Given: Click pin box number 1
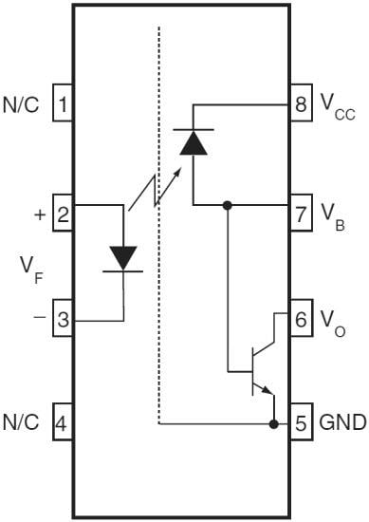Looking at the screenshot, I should pyautogui.click(x=62, y=103).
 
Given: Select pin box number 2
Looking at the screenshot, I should pyautogui.click(x=62, y=214).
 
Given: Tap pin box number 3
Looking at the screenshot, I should pyautogui.click(x=62, y=320).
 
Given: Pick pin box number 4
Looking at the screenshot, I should pyautogui.click(x=62, y=422).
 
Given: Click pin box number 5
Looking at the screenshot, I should pyautogui.click(x=302, y=423).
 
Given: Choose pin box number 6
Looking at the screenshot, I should pyautogui.click(x=302, y=320).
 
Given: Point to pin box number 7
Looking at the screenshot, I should pyautogui.click(x=302, y=214).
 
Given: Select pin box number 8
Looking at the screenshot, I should pyautogui.click(x=302, y=103).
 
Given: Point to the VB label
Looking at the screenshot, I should pyautogui.click(x=330, y=216).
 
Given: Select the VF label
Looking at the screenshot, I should pyautogui.click(x=30, y=268).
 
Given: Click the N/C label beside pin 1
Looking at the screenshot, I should pyautogui.click(x=22, y=103).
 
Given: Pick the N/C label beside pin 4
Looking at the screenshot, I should pyautogui.click(x=22, y=422).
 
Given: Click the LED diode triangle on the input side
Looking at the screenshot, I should pyautogui.click(x=123, y=256).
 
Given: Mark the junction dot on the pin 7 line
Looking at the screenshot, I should pyautogui.click(x=228, y=204).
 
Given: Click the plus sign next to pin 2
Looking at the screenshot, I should pyautogui.click(x=39, y=214).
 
